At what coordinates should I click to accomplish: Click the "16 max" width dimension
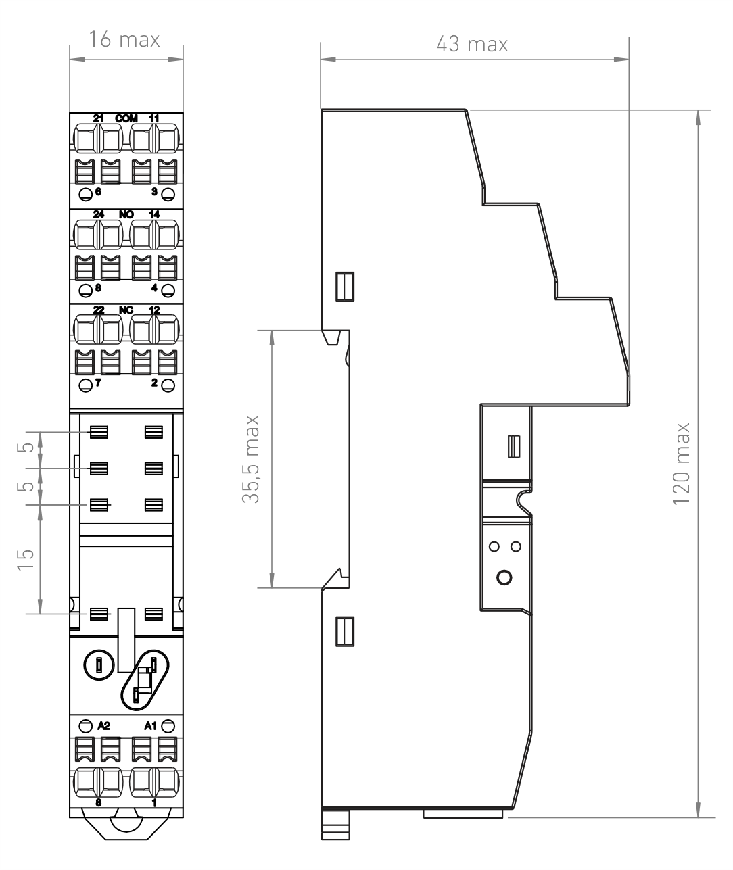[124, 40]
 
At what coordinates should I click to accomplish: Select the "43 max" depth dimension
[472, 44]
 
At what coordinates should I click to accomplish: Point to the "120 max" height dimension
[682, 464]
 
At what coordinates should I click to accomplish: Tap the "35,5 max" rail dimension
[251, 459]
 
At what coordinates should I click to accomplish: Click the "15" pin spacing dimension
[26, 559]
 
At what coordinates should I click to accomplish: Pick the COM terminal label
[126, 119]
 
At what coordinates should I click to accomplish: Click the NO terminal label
[126, 214]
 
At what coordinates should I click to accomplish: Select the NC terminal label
[126, 310]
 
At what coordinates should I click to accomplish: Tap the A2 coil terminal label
[103, 726]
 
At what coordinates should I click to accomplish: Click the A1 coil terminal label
[150, 726]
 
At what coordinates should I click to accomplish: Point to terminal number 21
[98, 119]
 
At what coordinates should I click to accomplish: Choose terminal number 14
[154, 214]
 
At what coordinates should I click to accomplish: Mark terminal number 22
[98, 310]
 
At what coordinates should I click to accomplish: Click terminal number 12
[154, 310]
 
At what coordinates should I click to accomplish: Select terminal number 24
[98, 214]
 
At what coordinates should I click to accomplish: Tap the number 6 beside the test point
[98, 192]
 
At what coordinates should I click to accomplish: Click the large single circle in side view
[504, 577]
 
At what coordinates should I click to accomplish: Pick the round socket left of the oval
[99, 665]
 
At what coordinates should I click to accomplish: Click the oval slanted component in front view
[145, 680]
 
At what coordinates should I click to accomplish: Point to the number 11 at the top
[154, 119]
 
